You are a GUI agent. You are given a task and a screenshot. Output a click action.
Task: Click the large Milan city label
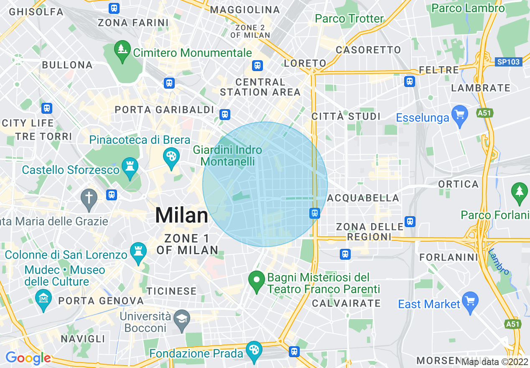[181, 216]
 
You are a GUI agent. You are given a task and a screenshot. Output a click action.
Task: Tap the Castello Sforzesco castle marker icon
[130, 168]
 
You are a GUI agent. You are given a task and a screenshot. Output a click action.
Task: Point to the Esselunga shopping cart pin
[460, 115]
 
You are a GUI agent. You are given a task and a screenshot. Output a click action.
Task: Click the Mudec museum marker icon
[44, 300]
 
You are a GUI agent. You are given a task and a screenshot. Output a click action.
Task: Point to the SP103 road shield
[509, 62]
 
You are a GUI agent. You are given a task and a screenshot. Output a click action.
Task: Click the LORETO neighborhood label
[305, 63]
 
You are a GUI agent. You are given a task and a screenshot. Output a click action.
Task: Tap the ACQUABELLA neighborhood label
[363, 198]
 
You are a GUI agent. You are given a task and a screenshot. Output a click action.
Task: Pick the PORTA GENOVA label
[101, 301]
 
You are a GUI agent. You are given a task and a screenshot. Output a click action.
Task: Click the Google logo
[28, 358]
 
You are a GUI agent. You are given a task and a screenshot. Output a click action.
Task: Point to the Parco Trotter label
[349, 18]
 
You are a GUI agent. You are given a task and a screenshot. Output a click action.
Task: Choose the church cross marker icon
[89, 198]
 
